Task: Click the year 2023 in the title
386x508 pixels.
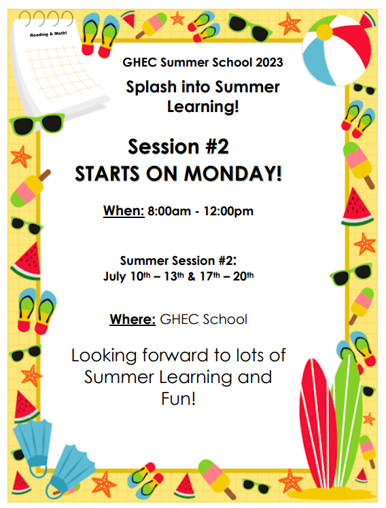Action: (x=269, y=62)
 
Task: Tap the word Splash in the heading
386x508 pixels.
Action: (x=151, y=86)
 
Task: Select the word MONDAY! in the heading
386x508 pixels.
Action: (x=233, y=174)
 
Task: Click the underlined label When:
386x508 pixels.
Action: (x=124, y=211)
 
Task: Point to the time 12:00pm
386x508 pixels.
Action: (x=228, y=211)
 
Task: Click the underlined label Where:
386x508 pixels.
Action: (x=133, y=319)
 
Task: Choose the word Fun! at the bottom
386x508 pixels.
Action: (x=179, y=399)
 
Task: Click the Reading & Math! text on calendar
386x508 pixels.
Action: (x=48, y=34)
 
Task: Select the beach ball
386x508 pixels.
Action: (x=336, y=50)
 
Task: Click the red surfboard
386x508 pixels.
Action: (x=317, y=421)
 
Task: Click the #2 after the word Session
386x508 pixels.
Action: (x=217, y=147)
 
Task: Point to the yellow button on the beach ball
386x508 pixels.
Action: (x=324, y=33)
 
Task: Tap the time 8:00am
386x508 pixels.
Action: (x=169, y=211)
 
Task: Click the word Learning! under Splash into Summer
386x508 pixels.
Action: (x=203, y=107)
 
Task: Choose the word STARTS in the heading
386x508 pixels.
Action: (x=107, y=174)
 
